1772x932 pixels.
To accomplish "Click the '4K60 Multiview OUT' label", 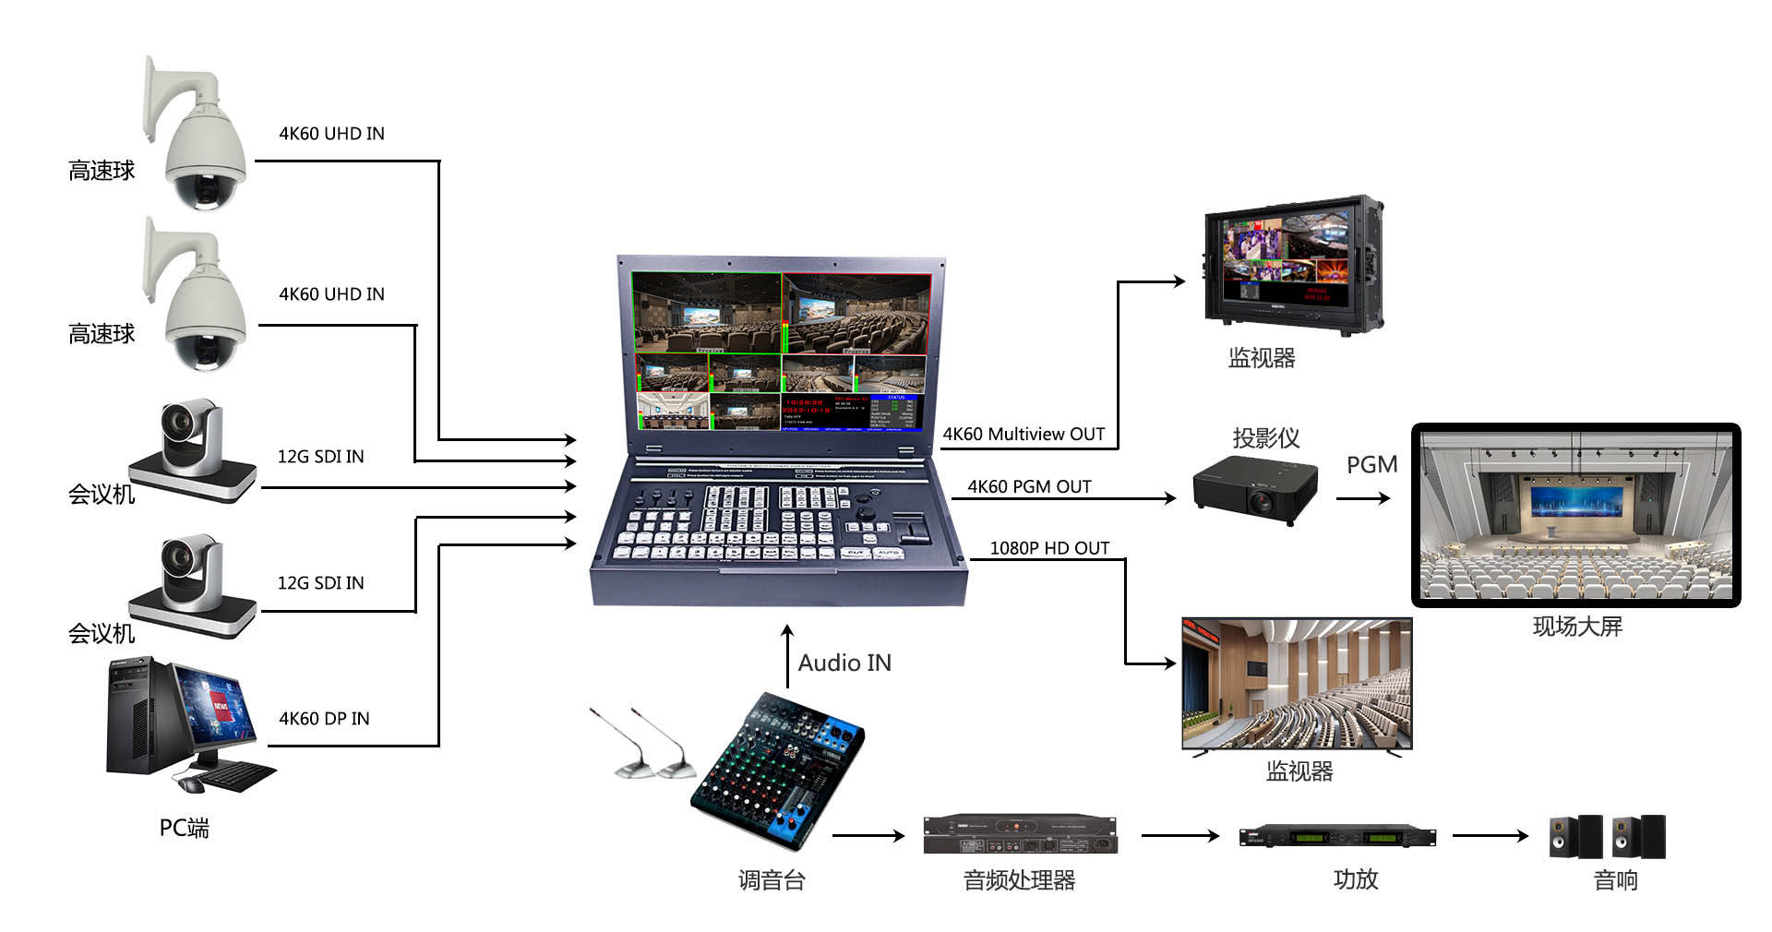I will tap(1023, 434).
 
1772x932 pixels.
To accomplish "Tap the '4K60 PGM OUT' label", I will tap(1028, 486).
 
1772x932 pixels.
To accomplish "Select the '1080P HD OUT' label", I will tap(1049, 548).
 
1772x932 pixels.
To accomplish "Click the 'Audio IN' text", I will tap(844, 663).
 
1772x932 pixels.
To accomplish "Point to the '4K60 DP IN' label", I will tap(324, 718).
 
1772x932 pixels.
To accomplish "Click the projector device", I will tap(1255, 489).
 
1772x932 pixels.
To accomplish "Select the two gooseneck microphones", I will tap(643, 743).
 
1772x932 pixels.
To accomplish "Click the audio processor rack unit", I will tap(1020, 834).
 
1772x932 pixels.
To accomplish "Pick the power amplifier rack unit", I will tap(1337, 836).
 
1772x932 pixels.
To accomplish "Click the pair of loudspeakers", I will tap(1607, 836).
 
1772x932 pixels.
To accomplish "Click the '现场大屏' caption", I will tap(1576, 627).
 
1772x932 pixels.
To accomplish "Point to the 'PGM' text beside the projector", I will tap(1371, 465).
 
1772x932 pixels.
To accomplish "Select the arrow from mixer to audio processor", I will tap(868, 836).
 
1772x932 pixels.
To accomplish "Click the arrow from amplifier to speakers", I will tap(1490, 836).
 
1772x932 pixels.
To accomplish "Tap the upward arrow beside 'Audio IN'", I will tap(787, 655).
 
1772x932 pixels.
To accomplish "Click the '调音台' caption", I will tap(772, 880).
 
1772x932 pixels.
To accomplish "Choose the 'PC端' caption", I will tap(184, 828).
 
